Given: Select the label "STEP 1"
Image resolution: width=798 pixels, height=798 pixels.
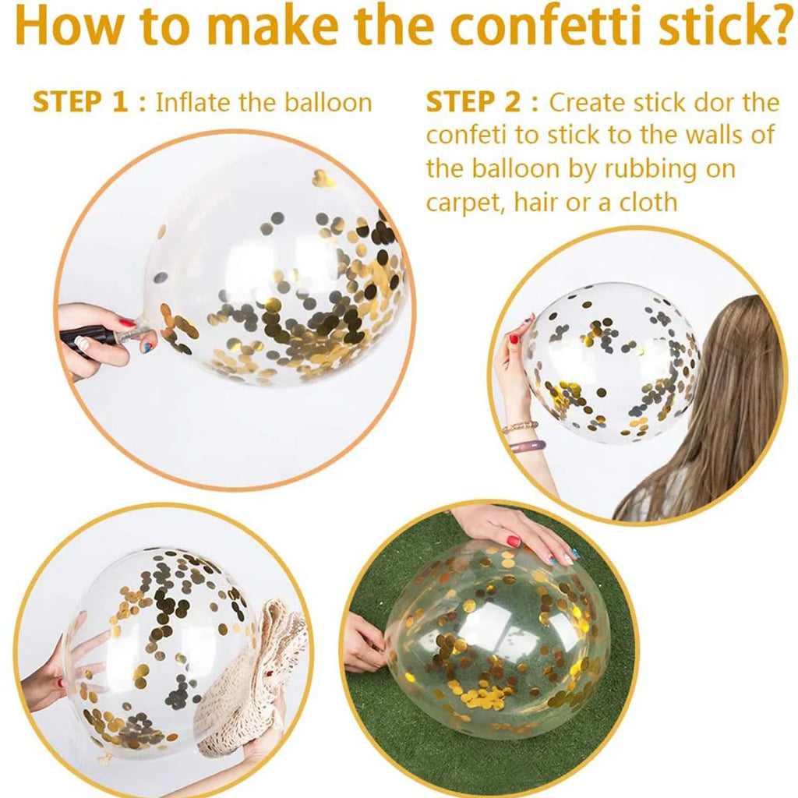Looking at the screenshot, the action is point(80,102).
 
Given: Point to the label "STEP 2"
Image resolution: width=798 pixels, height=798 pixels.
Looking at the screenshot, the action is point(474,102).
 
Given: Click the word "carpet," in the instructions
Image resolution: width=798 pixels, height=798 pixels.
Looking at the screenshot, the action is point(466,203).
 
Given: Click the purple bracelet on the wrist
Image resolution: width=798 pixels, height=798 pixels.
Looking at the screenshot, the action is point(528,447).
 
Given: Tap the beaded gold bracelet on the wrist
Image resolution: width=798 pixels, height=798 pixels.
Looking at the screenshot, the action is point(520,426).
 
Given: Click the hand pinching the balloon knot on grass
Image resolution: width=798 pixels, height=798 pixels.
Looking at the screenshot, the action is point(365,642).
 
